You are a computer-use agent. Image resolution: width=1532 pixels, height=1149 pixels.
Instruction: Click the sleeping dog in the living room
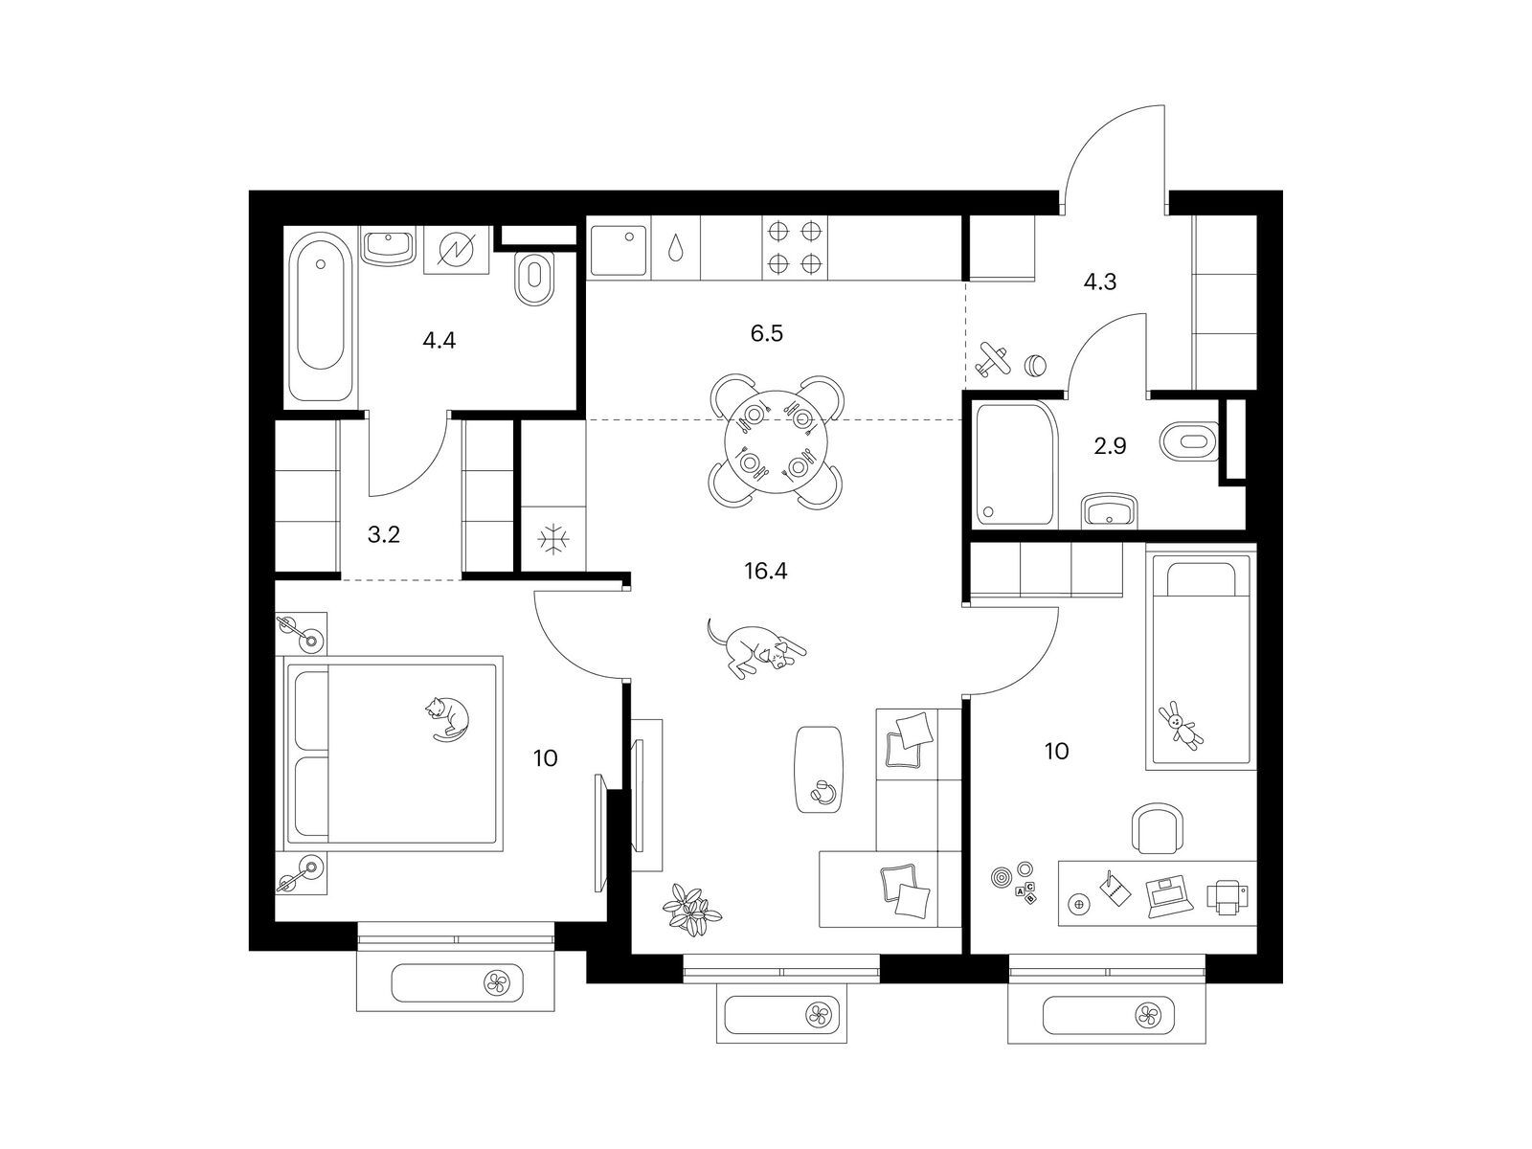755,646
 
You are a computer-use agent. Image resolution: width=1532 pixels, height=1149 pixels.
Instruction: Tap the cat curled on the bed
447,717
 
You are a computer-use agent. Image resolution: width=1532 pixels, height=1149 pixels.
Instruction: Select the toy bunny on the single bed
1181,725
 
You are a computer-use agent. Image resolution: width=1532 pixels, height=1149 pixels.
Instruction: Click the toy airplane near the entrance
994,359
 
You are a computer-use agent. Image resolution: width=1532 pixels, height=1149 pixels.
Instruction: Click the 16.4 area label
765,572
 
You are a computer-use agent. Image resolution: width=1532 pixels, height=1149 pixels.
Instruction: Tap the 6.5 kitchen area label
766,333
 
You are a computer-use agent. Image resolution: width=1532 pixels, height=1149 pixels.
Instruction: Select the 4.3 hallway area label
1100,282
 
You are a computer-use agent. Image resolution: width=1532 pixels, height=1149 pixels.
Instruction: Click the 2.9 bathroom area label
1110,446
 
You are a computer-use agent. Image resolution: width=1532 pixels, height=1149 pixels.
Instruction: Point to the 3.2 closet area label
383,535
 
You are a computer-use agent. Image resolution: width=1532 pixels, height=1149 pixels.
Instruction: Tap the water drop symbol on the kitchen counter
675,248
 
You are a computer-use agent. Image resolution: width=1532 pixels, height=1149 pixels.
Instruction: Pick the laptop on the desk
1169,896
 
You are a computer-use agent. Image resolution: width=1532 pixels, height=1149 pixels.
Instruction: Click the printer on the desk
1227,896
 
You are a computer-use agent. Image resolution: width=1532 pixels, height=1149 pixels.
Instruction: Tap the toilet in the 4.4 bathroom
534,279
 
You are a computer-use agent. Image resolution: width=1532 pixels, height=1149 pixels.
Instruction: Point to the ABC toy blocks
1025,893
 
